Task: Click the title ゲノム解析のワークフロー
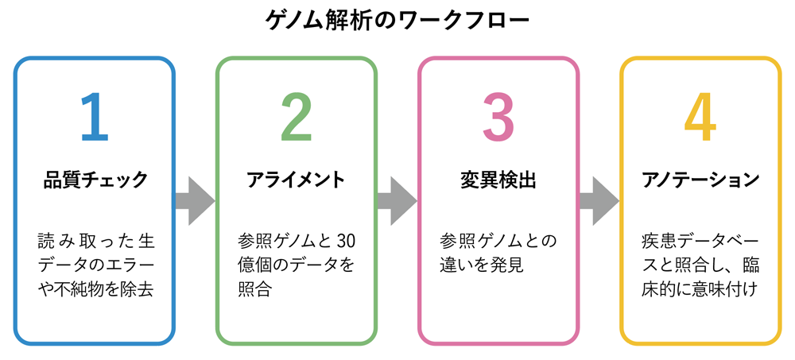(397, 21)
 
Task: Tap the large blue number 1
(95, 117)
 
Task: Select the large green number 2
(297, 117)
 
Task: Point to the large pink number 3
(498, 117)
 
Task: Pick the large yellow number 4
(700, 117)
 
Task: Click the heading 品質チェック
(95, 180)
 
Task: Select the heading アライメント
(296, 180)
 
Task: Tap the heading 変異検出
(498, 180)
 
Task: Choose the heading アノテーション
(700, 180)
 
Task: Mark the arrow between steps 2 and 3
(397, 201)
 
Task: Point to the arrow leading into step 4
(599, 201)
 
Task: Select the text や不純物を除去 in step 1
(95, 290)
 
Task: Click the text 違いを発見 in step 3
(482, 265)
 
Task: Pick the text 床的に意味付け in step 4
(700, 290)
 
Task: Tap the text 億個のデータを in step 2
(296, 265)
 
